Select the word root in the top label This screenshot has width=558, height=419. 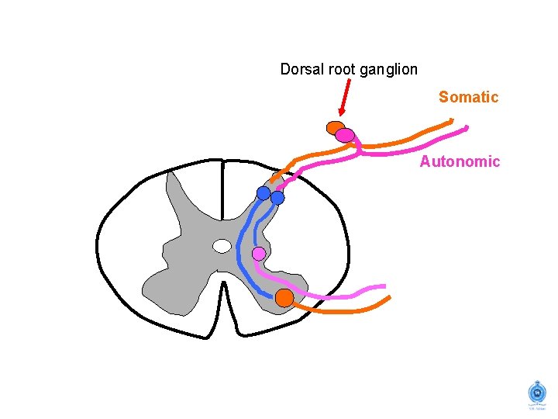click(341, 69)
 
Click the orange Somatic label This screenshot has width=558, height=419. click(468, 97)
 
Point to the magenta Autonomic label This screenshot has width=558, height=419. click(460, 161)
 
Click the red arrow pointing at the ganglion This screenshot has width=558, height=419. click(345, 99)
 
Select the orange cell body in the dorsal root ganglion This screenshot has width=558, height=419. click(335, 127)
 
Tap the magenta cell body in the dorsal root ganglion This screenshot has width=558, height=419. click(346, 136)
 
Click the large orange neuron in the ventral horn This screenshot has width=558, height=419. click(284, 297)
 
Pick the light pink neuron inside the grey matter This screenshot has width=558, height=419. click(259, 254)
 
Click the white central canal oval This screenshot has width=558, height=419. click(222, 246)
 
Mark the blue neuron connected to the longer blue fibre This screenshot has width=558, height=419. click(263, 192)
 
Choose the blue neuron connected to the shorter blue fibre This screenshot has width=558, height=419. click(277, 198)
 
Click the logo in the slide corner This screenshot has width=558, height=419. click(535, 394)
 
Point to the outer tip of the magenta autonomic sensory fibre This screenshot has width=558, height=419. click(466, 126)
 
